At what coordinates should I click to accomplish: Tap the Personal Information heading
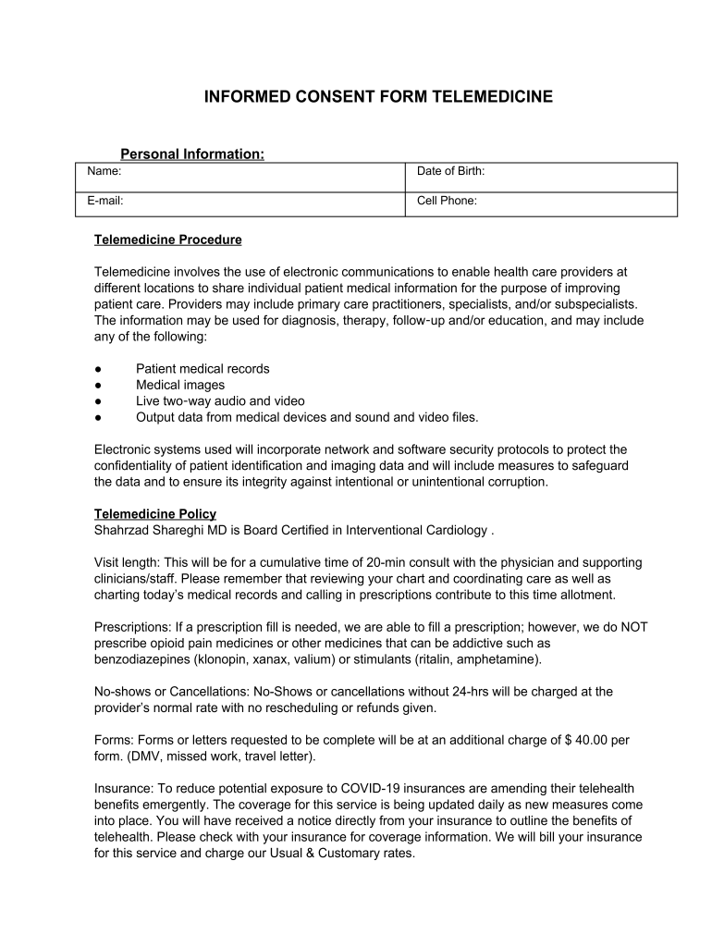pos(192,154)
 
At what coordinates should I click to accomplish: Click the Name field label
pos(104,171)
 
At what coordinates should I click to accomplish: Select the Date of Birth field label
pos(450,171)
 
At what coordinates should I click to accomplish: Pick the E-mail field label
pos(105,200)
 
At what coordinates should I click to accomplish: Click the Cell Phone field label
pos(447,200)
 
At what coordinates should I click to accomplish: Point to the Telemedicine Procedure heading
pos(167,240)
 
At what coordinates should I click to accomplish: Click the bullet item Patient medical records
pos(203,369)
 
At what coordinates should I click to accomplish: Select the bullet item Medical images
pos(180,385)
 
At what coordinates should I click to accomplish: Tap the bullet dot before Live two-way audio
pos(99,401)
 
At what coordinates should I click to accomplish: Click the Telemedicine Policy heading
pos(154,514)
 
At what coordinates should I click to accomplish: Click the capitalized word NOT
pos(634,627)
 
